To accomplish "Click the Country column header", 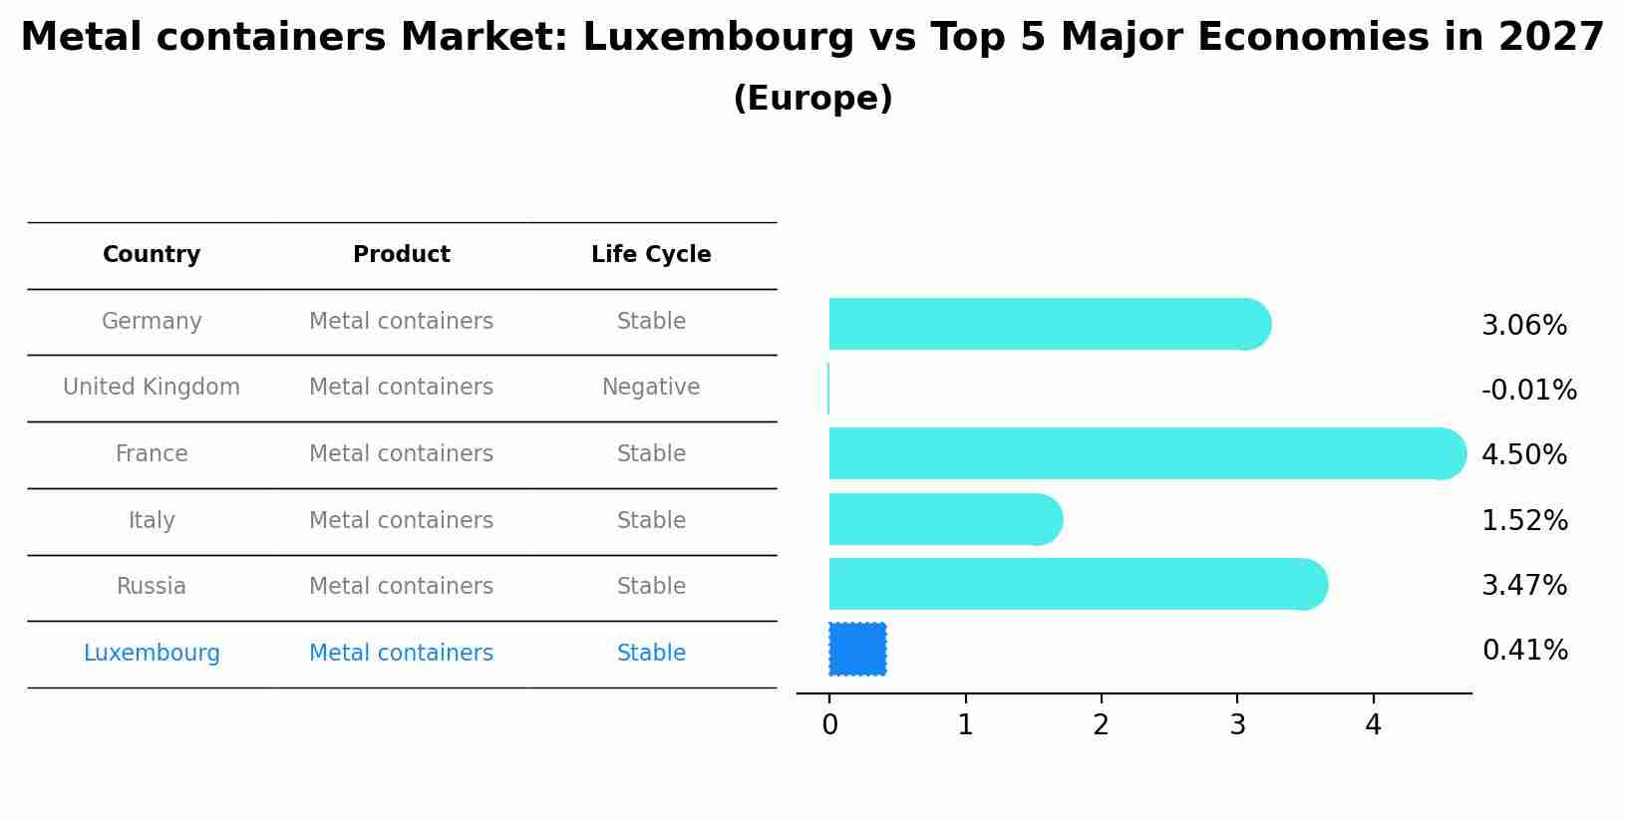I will click(152, 255).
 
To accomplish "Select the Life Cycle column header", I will click(651, 255).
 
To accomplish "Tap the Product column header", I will click(402, 255).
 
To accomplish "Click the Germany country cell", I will click(152, 322).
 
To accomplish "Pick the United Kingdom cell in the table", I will click(152, 388).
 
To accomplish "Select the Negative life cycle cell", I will click(651, 388).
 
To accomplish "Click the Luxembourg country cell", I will click(152, 654).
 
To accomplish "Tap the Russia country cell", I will click(152, 587).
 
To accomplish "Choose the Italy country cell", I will click(152, 521).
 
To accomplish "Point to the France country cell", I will click(152, 454).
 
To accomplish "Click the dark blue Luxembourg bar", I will click(857, 650).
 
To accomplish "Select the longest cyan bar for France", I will click(1146, 454).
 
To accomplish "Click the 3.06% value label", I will click(1524, 326).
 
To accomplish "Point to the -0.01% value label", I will click(1528, 391).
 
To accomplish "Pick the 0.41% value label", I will click(1524, 651).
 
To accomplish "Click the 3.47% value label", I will click(1524, 586).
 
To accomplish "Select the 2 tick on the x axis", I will click(1101, 725).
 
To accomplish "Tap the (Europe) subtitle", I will click(812, 99).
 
